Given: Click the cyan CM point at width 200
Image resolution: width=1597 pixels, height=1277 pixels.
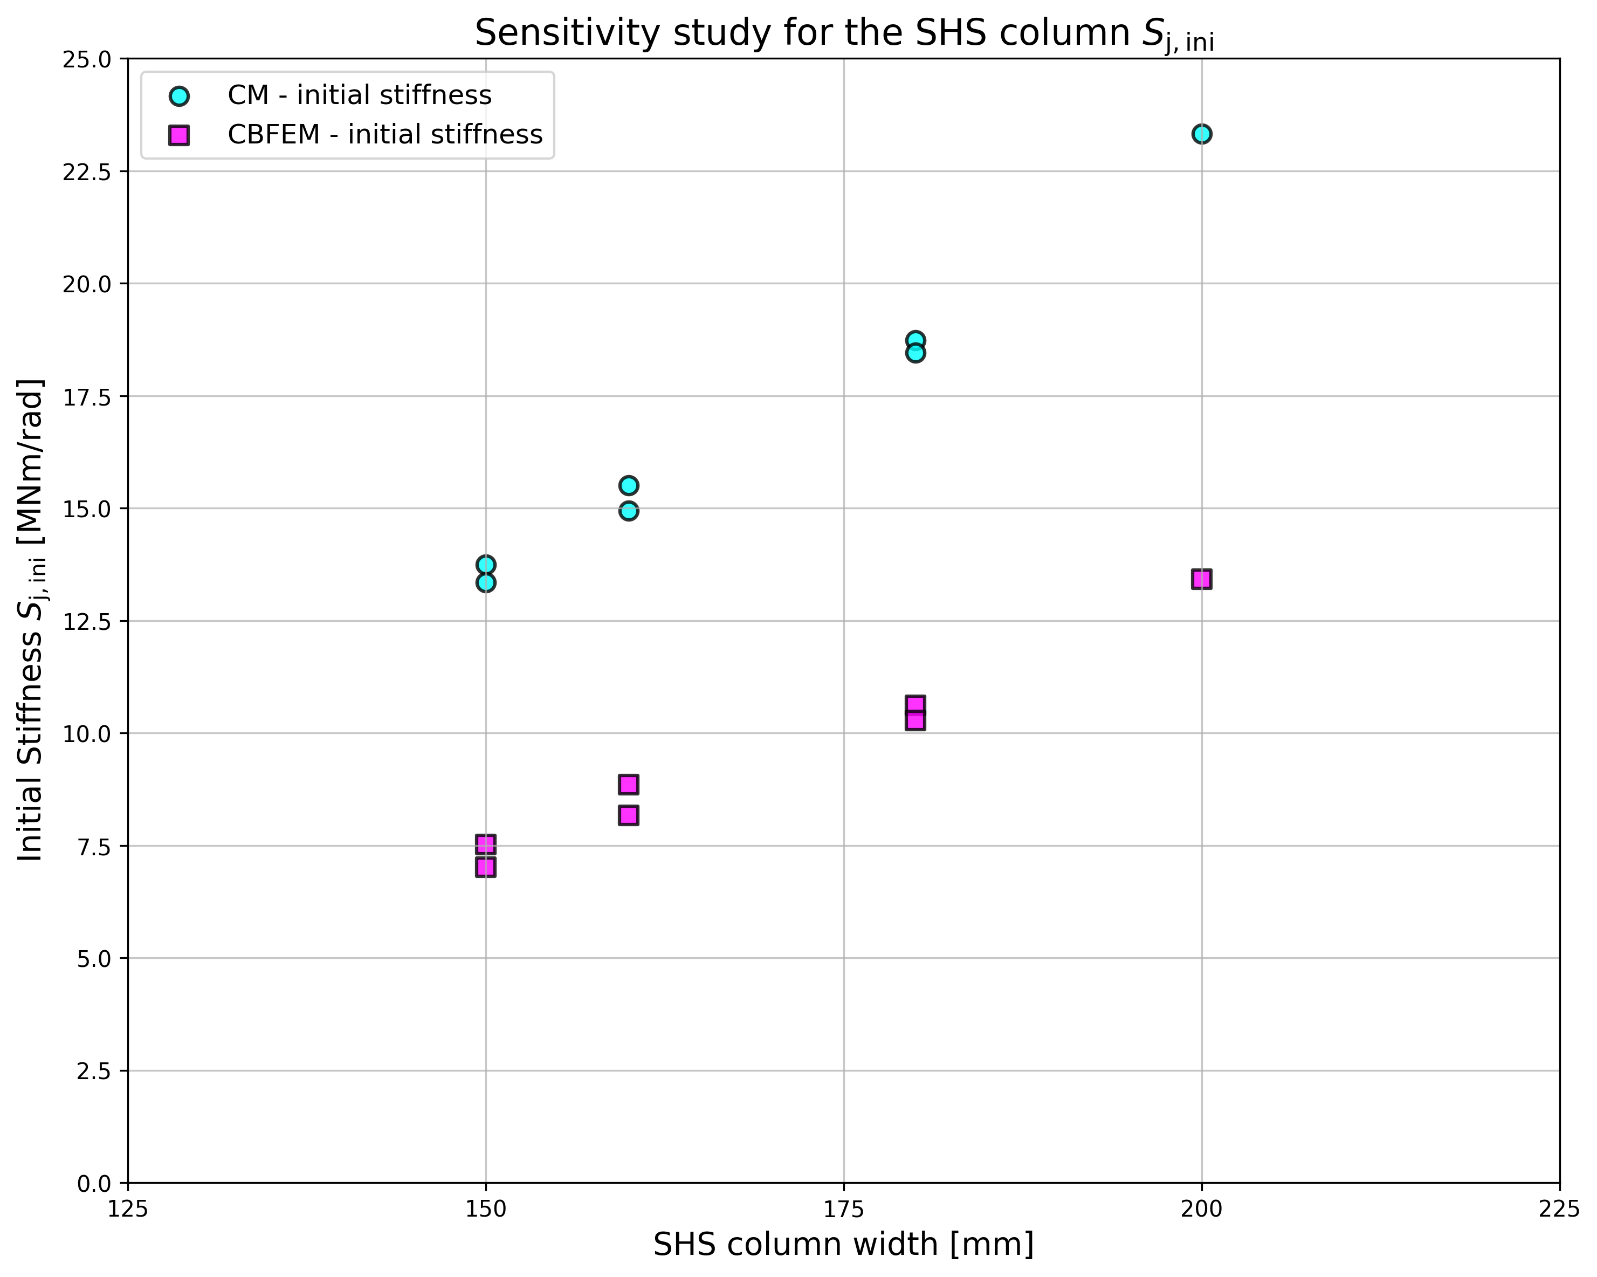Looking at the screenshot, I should [1201, 134].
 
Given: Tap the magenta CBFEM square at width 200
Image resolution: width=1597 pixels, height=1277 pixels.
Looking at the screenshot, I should [1201, 579].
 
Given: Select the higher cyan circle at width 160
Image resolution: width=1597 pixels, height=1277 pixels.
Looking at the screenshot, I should [629, 485].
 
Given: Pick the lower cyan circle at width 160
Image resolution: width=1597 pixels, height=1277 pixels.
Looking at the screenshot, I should [629, 511].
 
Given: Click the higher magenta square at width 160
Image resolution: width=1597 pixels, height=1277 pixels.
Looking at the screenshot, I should [629, 785].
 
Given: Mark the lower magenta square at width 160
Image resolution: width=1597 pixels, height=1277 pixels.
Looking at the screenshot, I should [629, 815].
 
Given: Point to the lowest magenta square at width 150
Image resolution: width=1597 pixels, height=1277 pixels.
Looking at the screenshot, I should [486, 867].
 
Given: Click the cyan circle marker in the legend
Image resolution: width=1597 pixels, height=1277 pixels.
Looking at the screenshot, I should [178, 95].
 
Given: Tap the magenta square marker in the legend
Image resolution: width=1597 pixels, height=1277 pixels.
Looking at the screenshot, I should [178, 135].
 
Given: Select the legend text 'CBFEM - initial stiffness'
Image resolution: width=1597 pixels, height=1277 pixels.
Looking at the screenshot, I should [384, 135].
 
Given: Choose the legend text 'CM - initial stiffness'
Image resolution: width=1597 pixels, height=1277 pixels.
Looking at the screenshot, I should [359, 95].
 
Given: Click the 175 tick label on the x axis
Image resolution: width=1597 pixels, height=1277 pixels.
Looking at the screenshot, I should [844, 1210].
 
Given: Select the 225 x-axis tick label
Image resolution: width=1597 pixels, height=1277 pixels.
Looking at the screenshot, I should [1559, 1210].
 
